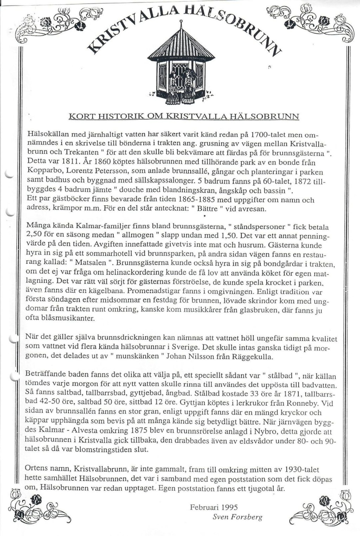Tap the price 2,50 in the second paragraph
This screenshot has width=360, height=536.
point(34,234)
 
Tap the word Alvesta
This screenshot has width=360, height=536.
point(102,431)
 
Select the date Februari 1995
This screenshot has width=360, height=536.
point(214,507)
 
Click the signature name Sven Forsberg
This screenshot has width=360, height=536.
point(237,517)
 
